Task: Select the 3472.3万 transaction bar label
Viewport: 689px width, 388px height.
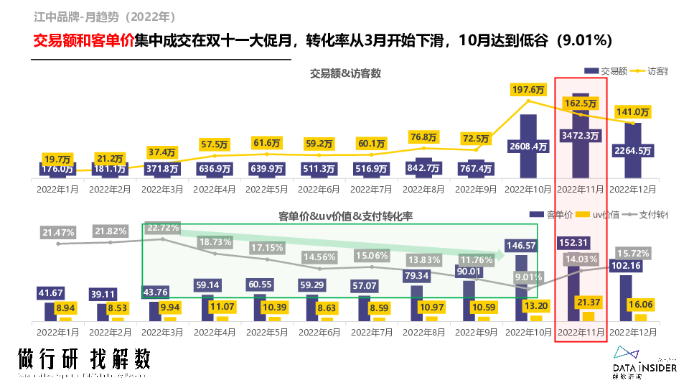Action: point(581,134)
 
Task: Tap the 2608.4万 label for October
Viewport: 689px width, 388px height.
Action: point(528,147)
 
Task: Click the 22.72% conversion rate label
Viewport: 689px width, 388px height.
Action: point(164,227)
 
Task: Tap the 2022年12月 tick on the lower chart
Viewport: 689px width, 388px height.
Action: point(633,333)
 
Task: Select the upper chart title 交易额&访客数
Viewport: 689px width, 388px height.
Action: point(345,73)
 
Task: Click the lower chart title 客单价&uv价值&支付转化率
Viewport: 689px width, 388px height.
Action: point(345,216)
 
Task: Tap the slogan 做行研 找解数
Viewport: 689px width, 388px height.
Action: point(85,359)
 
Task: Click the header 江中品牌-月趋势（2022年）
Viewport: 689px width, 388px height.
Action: point(105,16)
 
